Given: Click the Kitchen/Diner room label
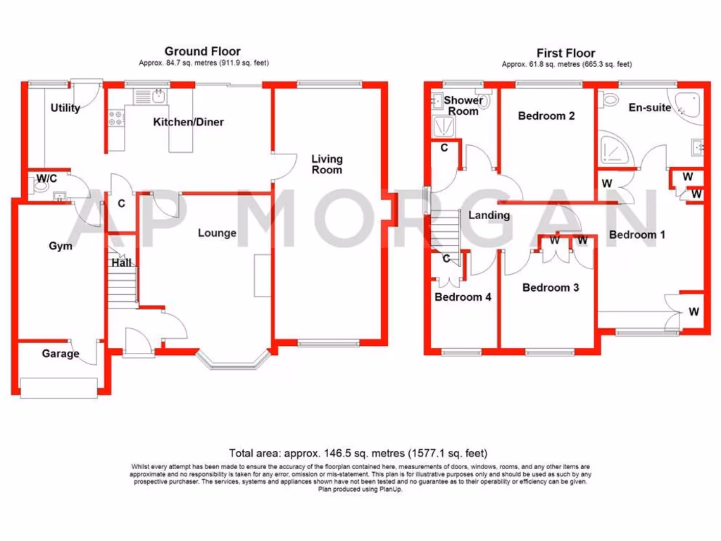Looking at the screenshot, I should coord(189,122).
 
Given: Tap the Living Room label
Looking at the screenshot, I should coord(327,164).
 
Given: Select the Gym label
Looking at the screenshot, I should coord(61,246).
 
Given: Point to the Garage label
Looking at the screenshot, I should coord(60,354).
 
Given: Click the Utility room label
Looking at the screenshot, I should coord(65,108).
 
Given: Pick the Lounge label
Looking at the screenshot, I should coord(217,232).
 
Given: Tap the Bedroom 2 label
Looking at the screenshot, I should coord(546,116).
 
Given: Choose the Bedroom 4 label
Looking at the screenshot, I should coord(463,297).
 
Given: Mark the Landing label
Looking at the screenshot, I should coord(489,215).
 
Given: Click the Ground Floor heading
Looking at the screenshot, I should coord(202,51).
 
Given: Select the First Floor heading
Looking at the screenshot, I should coord(565,53).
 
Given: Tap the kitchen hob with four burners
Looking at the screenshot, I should coord(115,120).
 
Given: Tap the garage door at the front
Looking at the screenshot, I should coord(59,387).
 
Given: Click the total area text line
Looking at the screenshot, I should coord(358,453).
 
